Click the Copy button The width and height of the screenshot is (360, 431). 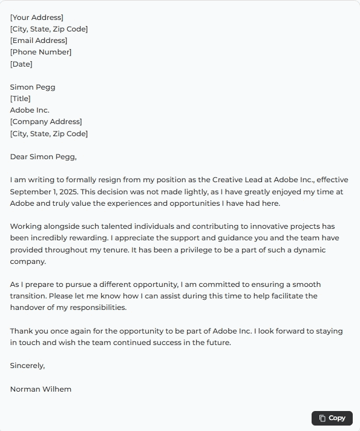332,418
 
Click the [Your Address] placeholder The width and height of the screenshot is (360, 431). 36,18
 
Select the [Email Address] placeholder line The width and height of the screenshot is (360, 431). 39,41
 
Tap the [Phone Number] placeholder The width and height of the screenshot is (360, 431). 41,52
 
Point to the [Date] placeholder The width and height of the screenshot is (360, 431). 21,64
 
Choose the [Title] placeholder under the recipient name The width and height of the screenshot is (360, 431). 20,99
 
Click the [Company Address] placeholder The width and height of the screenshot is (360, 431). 46,122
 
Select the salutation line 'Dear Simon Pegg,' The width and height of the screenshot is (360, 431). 44,157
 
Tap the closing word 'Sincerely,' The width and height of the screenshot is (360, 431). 27,366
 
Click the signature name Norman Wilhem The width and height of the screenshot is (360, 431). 41,389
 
